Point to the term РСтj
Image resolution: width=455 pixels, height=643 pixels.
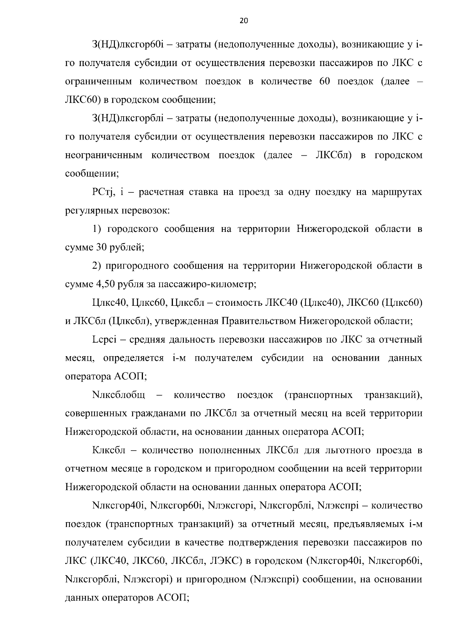(101, 193)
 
